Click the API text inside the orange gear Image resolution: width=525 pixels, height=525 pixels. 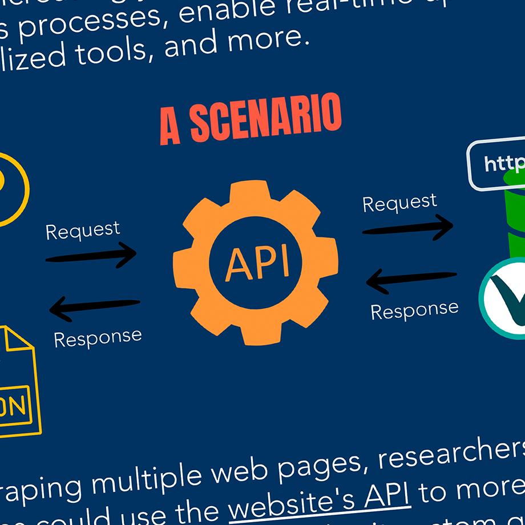(x=257, y=263)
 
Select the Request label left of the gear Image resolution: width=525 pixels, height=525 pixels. (x=83, y=230)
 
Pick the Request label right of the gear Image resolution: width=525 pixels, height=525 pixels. (x=399, y=202)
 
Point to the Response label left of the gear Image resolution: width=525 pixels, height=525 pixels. (x=98, y=337)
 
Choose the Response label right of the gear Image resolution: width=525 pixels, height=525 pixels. (x=414, y=310)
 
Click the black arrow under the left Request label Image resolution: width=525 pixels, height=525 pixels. (x=91, y=255)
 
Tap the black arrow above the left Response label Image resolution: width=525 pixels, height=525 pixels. (x=95, y=308)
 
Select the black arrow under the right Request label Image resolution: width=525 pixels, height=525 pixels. (x=407, y=227)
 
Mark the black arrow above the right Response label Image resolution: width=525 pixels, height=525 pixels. (x=411, y=280)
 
